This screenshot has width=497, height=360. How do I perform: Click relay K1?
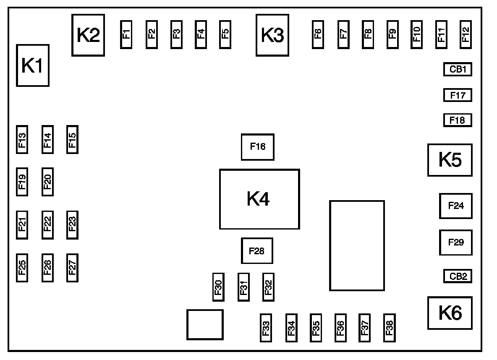pos(33,65)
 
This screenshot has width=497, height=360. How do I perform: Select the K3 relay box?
pos(272,35)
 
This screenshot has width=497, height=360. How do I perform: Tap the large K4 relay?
pos(259,199)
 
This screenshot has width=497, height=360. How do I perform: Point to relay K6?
pos(450,313)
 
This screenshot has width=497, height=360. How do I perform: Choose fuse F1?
pos(126,34)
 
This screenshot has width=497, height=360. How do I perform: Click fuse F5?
pos(225,34)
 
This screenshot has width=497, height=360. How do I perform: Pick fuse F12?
pos(466,34)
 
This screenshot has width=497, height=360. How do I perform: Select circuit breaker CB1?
pos(458,69)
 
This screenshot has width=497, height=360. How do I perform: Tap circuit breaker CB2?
pos(458,276)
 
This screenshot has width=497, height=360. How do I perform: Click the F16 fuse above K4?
pos(258,147)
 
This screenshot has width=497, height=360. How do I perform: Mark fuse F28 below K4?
pos(257,250)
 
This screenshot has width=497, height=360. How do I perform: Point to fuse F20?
pos(47,182)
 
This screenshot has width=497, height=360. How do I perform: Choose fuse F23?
pos(72,225)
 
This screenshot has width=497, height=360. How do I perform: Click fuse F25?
pos(22,268)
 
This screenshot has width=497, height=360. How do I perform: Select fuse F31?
pos(243,287)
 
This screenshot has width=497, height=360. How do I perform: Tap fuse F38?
pos(389,328)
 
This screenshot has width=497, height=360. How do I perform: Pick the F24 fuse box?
pos(456,206)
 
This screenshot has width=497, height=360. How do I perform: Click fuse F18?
pos(458,120)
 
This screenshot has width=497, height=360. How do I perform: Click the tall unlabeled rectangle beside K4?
pos(357,245)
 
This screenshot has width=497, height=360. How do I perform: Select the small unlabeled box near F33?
pos(205,325)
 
